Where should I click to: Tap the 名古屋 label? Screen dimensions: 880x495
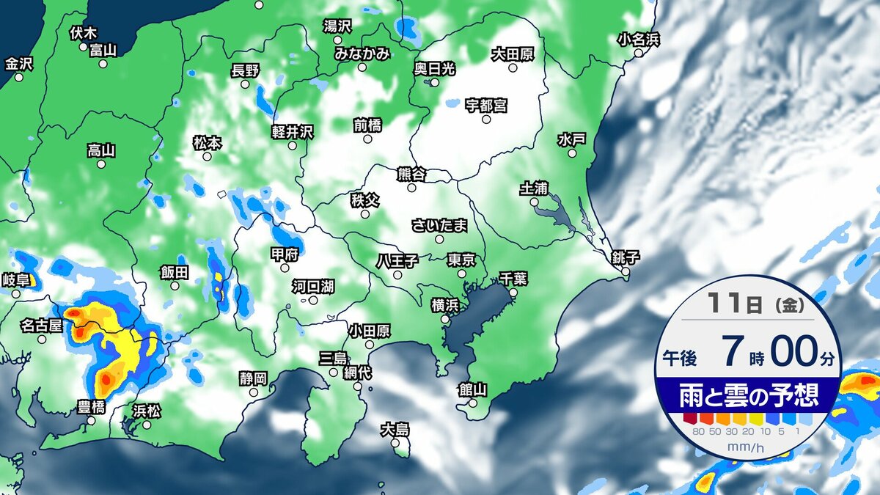tap(41, 323)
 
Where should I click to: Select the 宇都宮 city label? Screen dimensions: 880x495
tap(486, 105)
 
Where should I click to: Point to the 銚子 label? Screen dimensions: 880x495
tap(626, 257)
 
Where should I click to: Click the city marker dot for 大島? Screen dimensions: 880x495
tap(396, 443)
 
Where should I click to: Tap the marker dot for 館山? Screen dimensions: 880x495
tap(473, 403)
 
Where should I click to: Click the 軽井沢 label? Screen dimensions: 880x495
tap(292, 131)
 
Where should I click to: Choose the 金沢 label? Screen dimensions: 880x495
tap(19, 64)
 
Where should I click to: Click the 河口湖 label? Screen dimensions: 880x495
tap(313, 285)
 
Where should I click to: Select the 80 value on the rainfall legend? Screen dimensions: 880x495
tap(697, 431)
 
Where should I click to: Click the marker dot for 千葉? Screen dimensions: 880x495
tap(513, 292)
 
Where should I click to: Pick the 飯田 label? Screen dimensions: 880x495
tap(175, 272)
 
